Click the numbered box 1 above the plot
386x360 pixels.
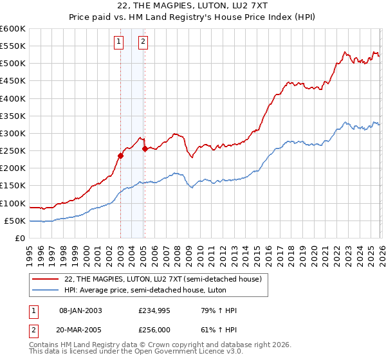coord(120,42)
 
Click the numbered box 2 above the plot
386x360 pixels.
coord(143,42)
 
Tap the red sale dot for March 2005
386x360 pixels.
coord(145,148)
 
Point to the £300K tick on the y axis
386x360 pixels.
coord(13,133)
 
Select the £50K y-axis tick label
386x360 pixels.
coord(15,221)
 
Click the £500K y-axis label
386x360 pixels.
coord(13,63)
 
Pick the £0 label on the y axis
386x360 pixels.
coord(21,238)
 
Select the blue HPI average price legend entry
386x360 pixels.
coord(149,290)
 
